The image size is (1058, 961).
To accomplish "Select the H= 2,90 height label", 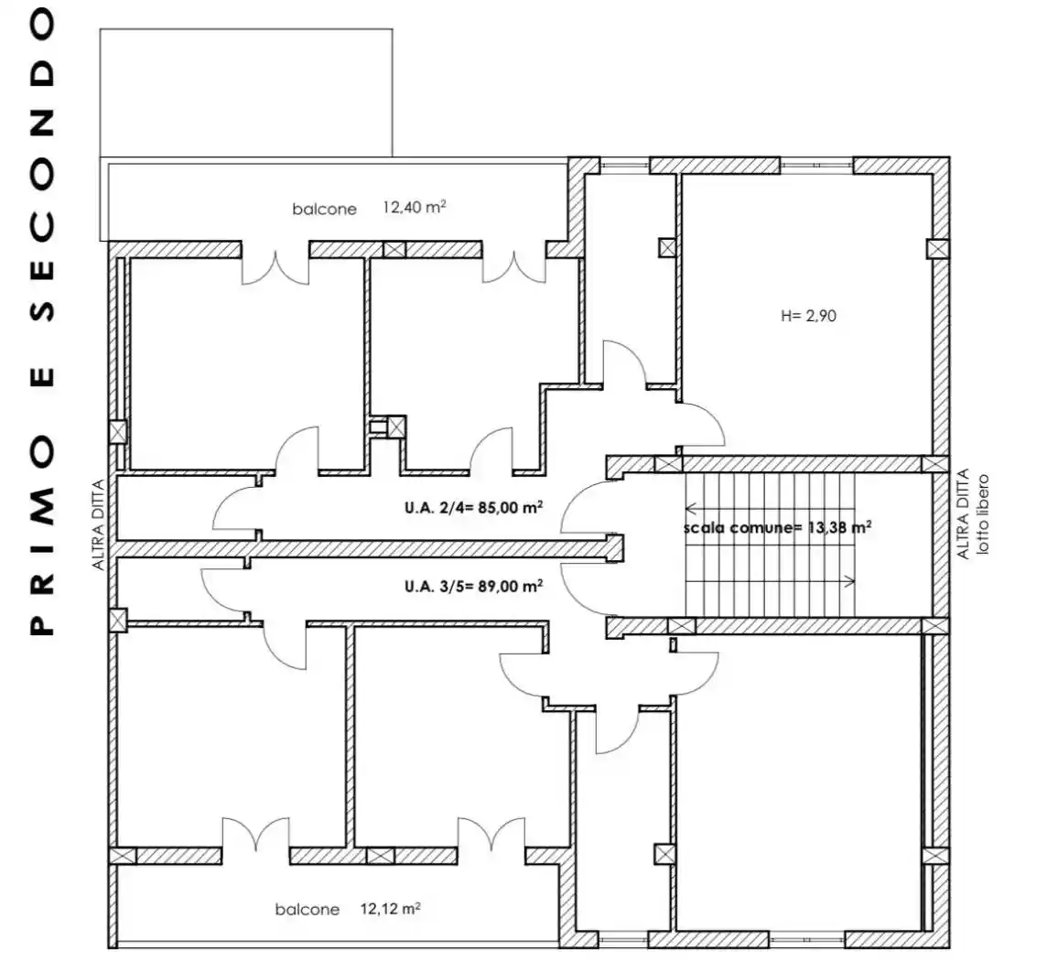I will tap(809, 318).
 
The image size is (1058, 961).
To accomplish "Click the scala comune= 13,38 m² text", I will tap(777, 527).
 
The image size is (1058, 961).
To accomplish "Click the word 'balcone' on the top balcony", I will tap(324, 210).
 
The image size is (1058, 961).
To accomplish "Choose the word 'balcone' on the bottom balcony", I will tap(307, 910).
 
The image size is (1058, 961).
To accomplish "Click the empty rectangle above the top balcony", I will tap(245, 92).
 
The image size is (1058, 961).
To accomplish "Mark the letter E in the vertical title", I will tap(41, 377).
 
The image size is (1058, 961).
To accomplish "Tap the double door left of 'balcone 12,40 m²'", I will tap(275, 265).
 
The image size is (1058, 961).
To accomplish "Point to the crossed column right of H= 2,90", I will tap(937, 249).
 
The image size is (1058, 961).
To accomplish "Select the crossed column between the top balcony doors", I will tap(394, 249).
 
